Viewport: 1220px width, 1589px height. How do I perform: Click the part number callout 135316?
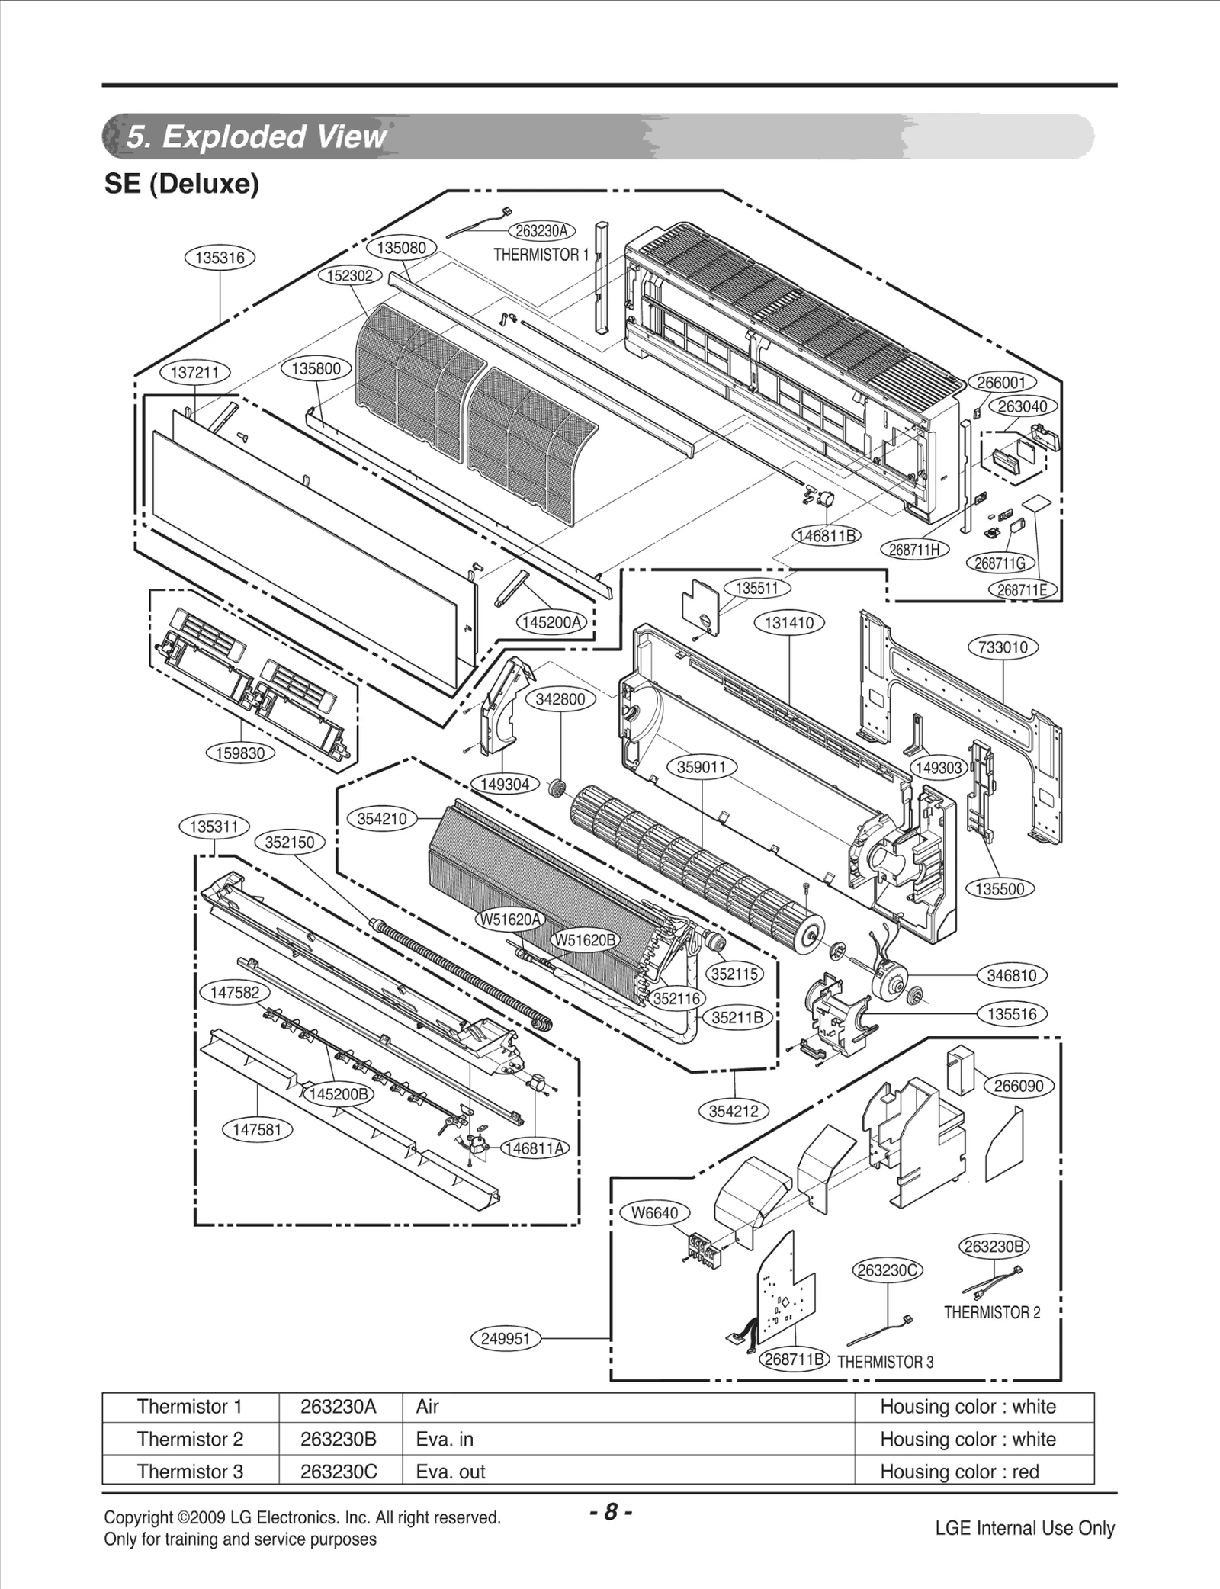point(220,258)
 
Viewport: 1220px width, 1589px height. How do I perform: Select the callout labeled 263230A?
point(542,231)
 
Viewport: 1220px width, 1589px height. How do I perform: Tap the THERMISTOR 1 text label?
point(541,255)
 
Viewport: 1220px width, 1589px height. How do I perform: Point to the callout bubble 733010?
point(1003,647)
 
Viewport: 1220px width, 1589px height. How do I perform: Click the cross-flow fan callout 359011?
point(701,767)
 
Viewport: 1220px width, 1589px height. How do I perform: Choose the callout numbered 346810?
point(1012,975)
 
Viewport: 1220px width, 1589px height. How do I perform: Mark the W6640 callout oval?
point(655,1213)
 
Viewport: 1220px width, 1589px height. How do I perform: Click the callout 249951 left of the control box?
point(506,1338)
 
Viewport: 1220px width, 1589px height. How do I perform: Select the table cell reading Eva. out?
point(451,1472)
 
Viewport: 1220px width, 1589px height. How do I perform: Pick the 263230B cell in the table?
point(339,1439)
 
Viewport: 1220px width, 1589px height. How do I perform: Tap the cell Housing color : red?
point(959,1472)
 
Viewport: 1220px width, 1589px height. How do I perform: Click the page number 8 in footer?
point(610,1512)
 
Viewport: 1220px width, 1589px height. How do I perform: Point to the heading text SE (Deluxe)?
point(181,184)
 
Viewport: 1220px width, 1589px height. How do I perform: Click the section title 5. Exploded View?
point(255,136)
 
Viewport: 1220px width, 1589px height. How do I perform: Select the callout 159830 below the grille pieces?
point(241,753)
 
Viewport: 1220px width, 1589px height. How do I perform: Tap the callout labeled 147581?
point(257,1129)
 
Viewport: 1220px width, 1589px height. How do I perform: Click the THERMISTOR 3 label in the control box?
point(885,1362)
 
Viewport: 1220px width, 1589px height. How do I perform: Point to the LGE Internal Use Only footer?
point(1025,1528)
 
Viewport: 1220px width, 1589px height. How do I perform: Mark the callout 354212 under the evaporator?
point(734,1111)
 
